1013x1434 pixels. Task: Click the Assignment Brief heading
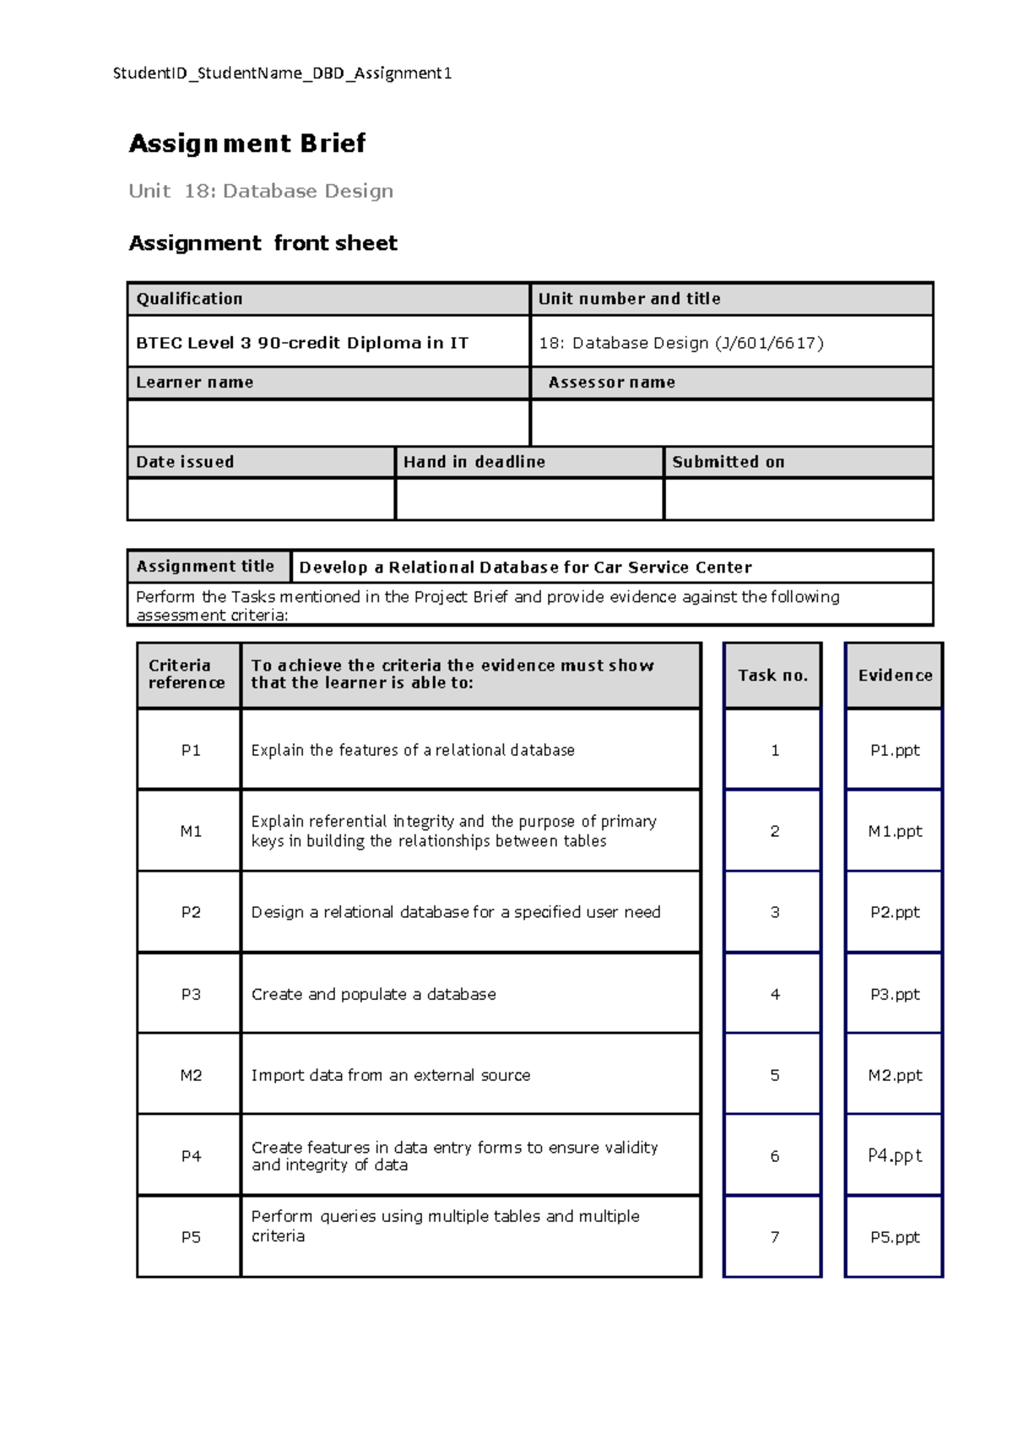(246, 144)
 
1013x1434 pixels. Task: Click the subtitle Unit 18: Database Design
(261, 191)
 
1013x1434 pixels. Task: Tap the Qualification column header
(189, 298)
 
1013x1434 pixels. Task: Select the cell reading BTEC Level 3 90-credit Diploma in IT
(302, 343)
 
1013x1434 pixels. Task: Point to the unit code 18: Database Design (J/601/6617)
(681, 343)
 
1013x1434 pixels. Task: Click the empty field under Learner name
(328, 422)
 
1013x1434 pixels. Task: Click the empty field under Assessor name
(731, 422)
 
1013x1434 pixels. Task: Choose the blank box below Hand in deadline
(529, 499)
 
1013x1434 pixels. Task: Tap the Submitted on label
(728, 462)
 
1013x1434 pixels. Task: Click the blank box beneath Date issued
(261, 499)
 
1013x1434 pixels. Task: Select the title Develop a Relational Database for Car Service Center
(525, 568)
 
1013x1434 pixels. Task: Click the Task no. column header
(772, 676)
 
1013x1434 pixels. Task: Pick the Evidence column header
(895, 676)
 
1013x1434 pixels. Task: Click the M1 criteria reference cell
(191, 832)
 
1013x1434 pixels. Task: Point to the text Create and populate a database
(373, 995)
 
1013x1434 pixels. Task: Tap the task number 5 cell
(774, 1075)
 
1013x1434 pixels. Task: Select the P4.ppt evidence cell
(895, 1155)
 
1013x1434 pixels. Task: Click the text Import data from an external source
(391, 1075)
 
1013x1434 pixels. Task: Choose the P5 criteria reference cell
(191, 1237)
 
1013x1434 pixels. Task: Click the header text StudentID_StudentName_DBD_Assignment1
(282, 73)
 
